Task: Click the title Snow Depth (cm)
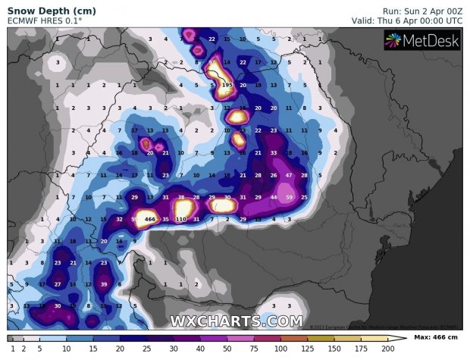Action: [x=42, y=10]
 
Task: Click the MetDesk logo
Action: [x=422, y=42]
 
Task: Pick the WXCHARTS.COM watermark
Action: [x=236, y=321]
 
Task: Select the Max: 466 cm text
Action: [x=437, y=338]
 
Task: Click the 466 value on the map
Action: [x=150, y=219]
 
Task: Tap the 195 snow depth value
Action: [x=227, y=86]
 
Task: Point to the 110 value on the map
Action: [x=181, y=219]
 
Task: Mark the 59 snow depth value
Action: [x=290, y=197]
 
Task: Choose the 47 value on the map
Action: [x=289, y=175]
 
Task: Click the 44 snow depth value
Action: [x=274, y=197]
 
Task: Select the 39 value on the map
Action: [x=104, y=284]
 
